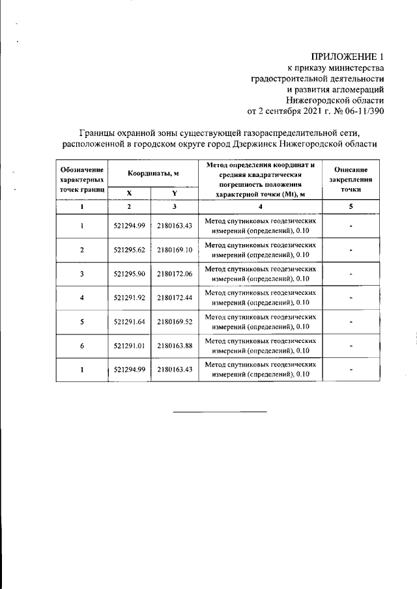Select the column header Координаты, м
click(152, 173)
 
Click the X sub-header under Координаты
click(129, 193)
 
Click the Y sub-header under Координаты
click(175, 193)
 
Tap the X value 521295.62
click(129, 250)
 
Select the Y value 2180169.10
click(175, 250)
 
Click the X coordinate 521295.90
click(129, 274)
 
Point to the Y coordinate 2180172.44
click(175, 298)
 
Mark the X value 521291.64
click(129, 322)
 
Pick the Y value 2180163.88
click(175, 346)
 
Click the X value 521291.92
click(129, 298)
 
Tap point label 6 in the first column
click(82, 346)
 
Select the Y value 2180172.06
click(175, 274)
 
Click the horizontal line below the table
click(220, 411)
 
